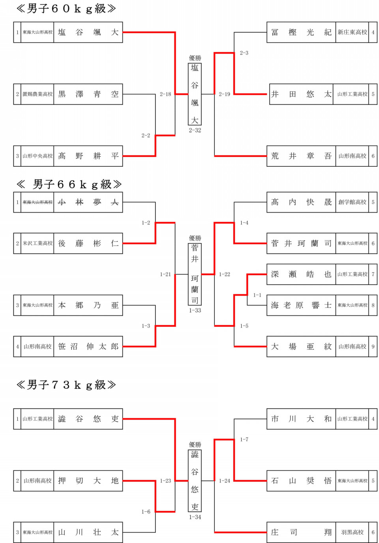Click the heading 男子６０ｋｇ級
tap(66, 9)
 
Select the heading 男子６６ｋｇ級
tap(69, 185)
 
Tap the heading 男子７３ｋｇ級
tap(66, 385)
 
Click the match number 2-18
tap(165, 94)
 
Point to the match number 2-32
tap(195, 130)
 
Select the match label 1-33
tap(195, 311)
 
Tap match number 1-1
tap(257, 295)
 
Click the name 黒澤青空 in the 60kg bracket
tap(88, 94)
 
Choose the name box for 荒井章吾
tap(301, 156)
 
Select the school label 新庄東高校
tap(353, 32)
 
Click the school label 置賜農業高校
tap(38, 94)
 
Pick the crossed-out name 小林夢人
tap(88, 202)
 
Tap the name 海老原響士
tap(301, 305)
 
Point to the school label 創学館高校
tap(353, 202)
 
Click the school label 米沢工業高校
tap(38, 243)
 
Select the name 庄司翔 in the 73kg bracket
tap(301, 532)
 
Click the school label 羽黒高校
tap(353, 532)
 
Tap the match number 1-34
tap(195, 517)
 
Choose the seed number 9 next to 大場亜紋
tap(373, 347)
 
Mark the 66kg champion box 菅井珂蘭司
tap(195, 274)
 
